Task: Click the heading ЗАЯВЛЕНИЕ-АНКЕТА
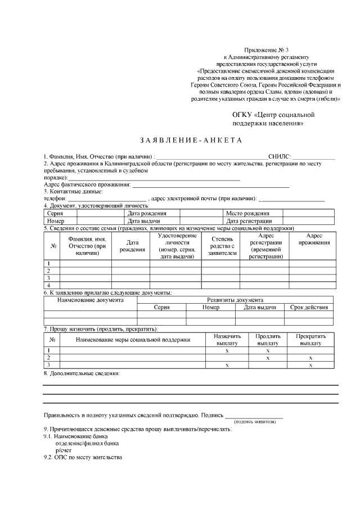tap(190, 140)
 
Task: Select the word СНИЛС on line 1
tap(280, 156)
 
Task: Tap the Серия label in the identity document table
tap(55, 214)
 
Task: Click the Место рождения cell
tap(247, 214)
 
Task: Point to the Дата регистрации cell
tap(247, 221)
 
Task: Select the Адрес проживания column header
tap(314, 239)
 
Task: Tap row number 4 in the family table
tap(49, 285)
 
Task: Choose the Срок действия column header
tap(309, 308)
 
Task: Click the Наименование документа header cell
tap(91, 300)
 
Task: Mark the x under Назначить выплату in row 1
tap(227, 350)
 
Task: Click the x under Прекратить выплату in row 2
tap(310, 357)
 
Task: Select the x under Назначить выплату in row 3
tap(227, 365)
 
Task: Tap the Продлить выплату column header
tap(268, 339)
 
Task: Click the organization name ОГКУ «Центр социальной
tap(273, 115)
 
